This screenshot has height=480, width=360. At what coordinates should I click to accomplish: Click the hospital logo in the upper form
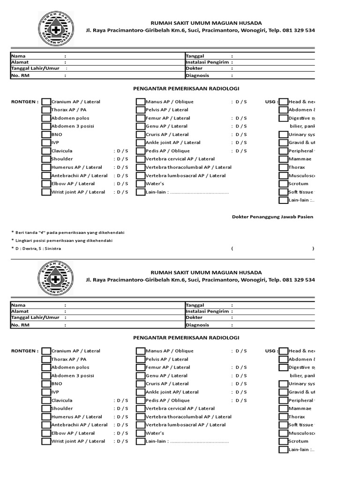[x=55, y=29]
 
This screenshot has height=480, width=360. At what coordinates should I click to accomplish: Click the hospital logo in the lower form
[x=55, y=278]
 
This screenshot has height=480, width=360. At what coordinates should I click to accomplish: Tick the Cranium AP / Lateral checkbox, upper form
[x=46, y=102]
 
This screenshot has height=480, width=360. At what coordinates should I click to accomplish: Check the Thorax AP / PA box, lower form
[x=46, y=359]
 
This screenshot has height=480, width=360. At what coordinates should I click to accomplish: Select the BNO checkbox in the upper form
[x=46, y=135]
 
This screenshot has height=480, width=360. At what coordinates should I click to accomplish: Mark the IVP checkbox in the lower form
[x=46, y=392]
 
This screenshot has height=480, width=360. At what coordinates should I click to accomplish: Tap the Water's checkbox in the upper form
[x=141, y=184]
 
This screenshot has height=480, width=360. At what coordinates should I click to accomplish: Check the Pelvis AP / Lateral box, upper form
[x=141, y=110]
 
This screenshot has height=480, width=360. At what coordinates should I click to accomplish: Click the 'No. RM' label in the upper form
[x=21, y=75]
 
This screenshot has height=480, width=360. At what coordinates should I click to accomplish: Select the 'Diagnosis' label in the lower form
[x=197, y=324]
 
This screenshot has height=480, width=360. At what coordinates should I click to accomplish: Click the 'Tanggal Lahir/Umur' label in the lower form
[x=33, y=317]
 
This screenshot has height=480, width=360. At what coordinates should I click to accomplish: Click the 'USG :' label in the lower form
[x=271, y=351]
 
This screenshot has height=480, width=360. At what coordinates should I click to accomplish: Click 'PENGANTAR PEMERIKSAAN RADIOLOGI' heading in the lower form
[x=187, y=337]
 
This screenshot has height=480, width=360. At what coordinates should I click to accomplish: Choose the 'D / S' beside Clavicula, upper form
[x=121, y=151]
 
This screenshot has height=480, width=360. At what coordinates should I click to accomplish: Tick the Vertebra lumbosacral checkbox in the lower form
[x=141, y=425]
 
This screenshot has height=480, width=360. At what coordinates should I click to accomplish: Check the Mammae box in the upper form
[x=283, y=159]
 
